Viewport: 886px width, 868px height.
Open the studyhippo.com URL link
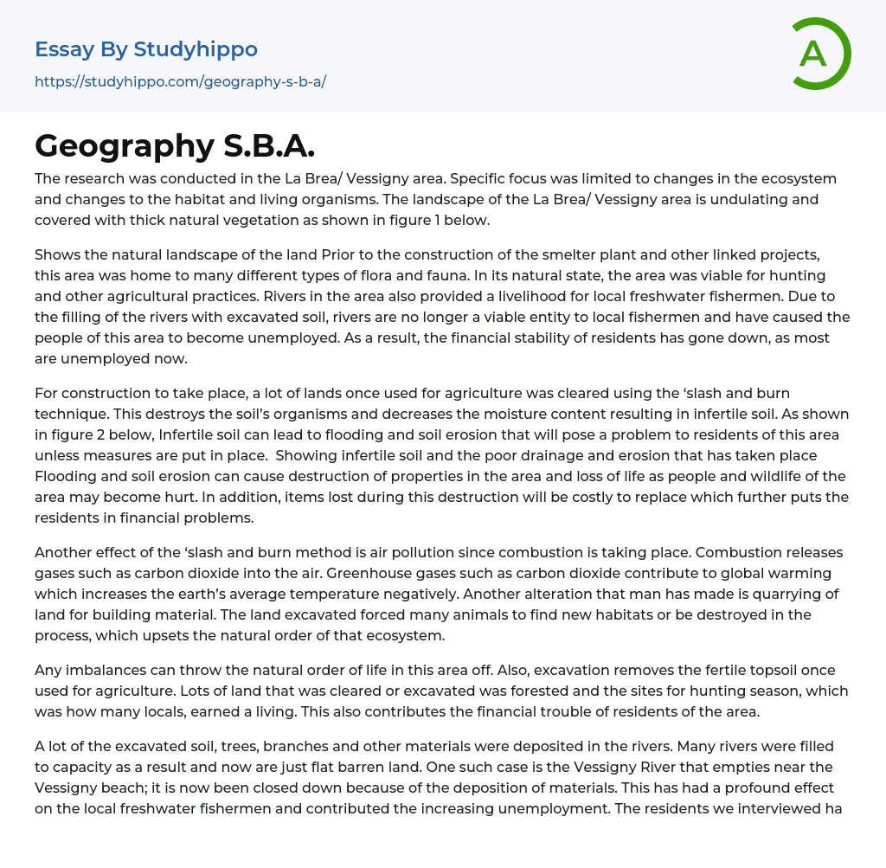pyautogui.click(x=180, y=82)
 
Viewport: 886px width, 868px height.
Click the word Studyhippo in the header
pyautogui.click(x=196, y=49)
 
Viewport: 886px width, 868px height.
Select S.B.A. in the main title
pyautogui.click(x=269, y=146)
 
